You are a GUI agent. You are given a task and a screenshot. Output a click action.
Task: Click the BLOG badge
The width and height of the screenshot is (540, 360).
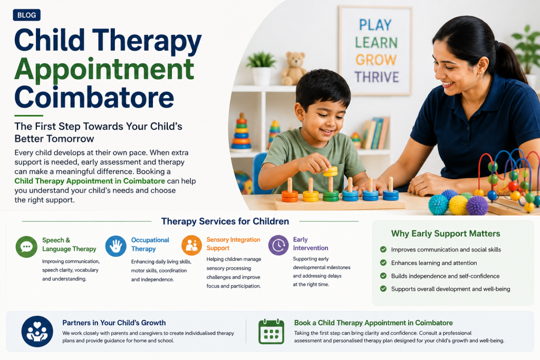pos(26,15)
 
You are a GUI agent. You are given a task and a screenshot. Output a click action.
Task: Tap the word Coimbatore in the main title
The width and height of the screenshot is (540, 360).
pos(94,98)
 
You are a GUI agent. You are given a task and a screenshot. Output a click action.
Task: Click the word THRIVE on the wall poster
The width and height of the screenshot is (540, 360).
pos(377,77)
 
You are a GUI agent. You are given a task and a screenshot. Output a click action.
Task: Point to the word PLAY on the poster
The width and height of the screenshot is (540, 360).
pos(375,25)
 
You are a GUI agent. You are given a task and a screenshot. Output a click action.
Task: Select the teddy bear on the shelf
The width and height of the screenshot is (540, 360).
pos(294,69)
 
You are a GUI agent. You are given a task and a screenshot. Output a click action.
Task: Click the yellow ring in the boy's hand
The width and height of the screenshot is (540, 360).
pos(330,171)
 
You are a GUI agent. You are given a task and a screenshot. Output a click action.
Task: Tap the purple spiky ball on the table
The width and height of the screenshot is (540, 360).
pos(477,205)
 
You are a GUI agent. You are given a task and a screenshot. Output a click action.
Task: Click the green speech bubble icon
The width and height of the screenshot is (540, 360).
pos(26,247)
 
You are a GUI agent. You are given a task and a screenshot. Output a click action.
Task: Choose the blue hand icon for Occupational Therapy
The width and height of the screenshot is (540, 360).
pos(115,246)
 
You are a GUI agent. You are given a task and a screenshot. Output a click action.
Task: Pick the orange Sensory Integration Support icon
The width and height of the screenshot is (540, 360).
pos(191,246)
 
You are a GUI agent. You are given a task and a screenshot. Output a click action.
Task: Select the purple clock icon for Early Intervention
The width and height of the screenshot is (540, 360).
pos(278,245)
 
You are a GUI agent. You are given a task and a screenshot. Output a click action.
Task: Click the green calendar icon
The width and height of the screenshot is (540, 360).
pos(272,332)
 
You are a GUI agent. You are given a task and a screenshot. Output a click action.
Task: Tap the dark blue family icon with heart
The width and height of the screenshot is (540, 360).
pos(37,332)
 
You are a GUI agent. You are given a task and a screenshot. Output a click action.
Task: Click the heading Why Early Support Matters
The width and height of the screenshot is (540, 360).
pos(446,233)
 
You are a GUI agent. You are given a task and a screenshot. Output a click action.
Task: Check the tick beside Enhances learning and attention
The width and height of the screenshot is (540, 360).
pos(383,262)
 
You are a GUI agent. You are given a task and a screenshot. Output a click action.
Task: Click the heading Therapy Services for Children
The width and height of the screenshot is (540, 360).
pos(225,221)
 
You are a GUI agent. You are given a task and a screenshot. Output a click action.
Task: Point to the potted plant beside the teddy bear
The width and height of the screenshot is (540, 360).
pos(262,69)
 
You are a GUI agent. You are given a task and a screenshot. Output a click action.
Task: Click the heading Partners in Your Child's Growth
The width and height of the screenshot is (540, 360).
pos(114,323)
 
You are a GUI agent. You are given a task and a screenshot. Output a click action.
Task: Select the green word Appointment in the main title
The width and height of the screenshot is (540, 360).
pos(104,70)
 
